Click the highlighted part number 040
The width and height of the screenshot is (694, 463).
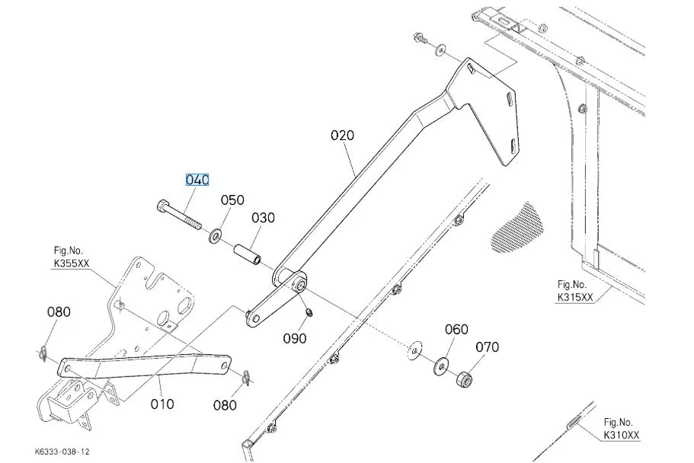tap(197, 180)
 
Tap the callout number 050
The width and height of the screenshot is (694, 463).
tap(232, 200)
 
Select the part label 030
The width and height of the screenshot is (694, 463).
tap(263, 218)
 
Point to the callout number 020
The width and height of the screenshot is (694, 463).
tap(342, 136)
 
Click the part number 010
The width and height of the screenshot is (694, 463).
tap(162, 404)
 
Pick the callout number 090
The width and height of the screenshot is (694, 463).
tap(295, 338)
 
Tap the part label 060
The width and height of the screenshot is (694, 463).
tap(456, 329)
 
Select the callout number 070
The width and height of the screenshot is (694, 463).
tap(487, 347)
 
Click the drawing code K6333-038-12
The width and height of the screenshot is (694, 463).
tap(62, 452)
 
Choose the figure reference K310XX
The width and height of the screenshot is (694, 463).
tap(622, 435)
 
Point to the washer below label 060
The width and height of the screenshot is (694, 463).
tap(441, 366)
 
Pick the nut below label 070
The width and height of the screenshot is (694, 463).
tap(463, 378)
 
